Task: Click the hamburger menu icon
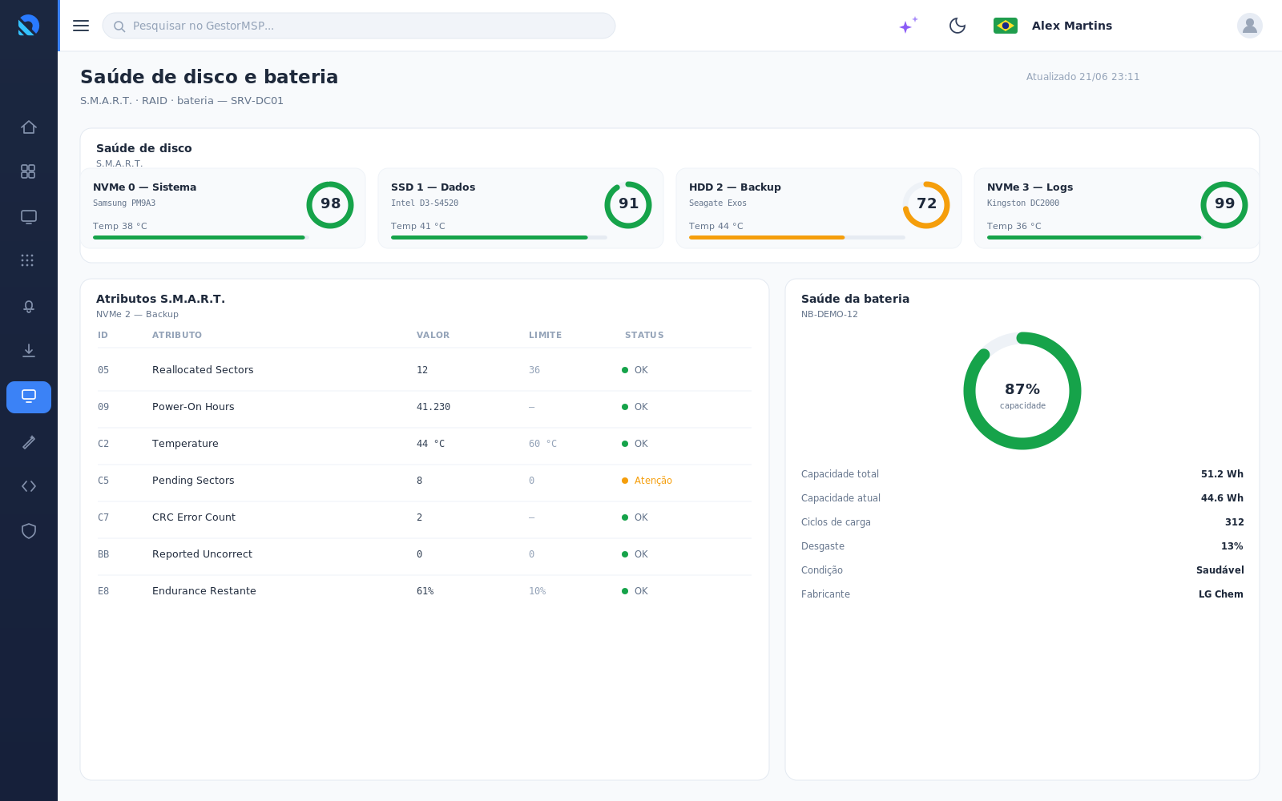(81, 26)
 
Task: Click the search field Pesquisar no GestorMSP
(359, 26)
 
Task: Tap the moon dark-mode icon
(957, 26)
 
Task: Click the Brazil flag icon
(1005, 26)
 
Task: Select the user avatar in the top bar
(1249, 26)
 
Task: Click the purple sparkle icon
(908, 25)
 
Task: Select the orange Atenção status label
(652, 481)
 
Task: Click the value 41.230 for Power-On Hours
(433, 407)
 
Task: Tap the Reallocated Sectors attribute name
(203, 369)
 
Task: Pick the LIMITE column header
(545, 336)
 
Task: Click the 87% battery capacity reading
(1022, 389)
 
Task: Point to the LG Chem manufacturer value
(1221, 594)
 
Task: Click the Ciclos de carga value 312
(1234, 521)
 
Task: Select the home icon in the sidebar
(29, 127)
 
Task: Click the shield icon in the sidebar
(29, 531)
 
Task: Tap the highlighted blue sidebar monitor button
(29, 397)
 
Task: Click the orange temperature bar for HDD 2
(766, 237)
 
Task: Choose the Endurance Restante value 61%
(425, 591)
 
